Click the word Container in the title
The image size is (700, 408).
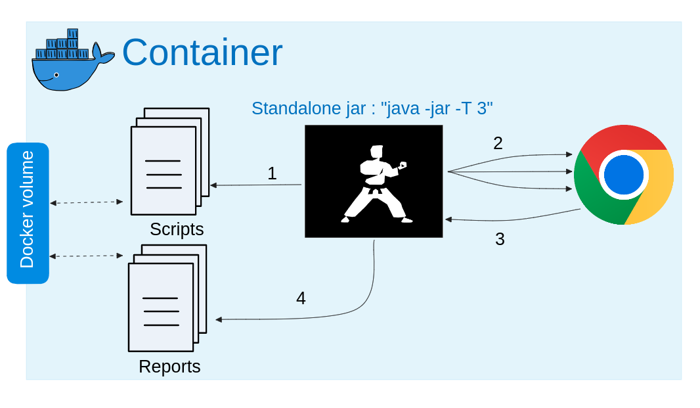tap(202, 53)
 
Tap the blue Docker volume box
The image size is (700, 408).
tap(28, 213)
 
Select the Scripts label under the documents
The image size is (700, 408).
tap(177, 229)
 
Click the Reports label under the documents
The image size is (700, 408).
tap(169, 367)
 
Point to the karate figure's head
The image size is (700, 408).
tap(376, 152)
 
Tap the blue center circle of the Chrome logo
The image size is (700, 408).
tap(623, 175)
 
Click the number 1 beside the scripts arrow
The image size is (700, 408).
tap(272, 173)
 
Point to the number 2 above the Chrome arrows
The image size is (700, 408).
tap(498, 143)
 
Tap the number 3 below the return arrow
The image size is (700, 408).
tap(500, 239)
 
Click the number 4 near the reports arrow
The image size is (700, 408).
tap(301, 298)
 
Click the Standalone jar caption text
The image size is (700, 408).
tap(372, 108)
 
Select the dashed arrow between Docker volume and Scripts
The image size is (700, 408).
tap(87, 202)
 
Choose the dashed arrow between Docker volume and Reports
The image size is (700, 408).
tap(87, 256)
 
